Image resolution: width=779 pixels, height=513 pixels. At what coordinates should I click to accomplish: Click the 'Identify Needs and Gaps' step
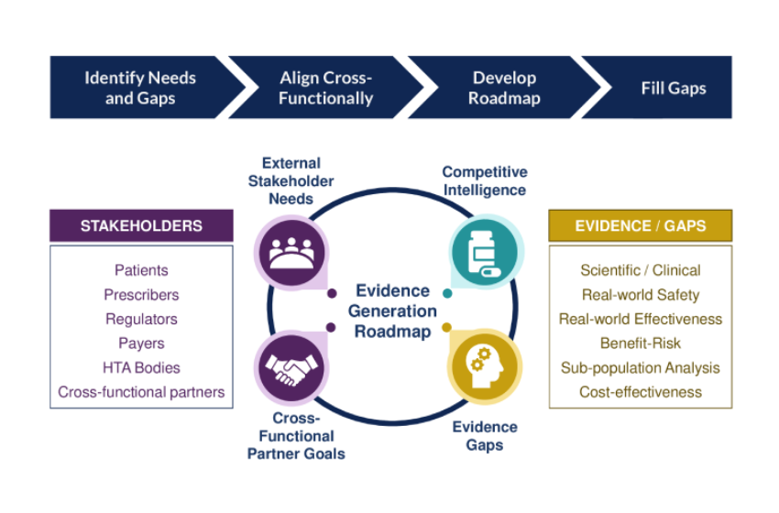(x=138, y=88)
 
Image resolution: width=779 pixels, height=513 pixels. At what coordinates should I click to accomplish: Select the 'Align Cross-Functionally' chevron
(x=325, y=88)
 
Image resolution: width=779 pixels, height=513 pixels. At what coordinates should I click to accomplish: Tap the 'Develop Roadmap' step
(x=504, y=88)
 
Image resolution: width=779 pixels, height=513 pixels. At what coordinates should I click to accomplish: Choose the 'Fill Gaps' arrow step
(x=673, y=88)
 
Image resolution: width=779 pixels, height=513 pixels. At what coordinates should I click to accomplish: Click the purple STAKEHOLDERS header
(x=141, y=225)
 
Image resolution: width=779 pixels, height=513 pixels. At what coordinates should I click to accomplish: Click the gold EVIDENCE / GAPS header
(x=640, y=225)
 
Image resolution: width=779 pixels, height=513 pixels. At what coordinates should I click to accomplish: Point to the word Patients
(x=141, y=270)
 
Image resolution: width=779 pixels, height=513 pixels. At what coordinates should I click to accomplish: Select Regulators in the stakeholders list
(x=141, y=319)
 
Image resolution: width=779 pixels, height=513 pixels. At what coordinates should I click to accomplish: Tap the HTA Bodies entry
(x=141, y=367)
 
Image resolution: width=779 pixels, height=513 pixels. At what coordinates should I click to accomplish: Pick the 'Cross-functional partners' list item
(x=141, y=392)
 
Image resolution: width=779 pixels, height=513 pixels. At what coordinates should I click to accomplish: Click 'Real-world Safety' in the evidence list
(x=640, y=295)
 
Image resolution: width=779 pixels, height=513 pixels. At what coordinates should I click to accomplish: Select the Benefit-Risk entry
(x=640, y=344)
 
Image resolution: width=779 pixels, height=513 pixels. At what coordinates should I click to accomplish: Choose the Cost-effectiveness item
(x=640, y=392)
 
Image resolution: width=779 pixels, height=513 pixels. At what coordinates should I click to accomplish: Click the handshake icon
(x=291, y=369)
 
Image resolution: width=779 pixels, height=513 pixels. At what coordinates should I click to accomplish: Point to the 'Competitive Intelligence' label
(x=484, y=181)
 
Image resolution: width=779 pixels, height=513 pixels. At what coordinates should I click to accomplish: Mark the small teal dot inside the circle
(x=446, y=294)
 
